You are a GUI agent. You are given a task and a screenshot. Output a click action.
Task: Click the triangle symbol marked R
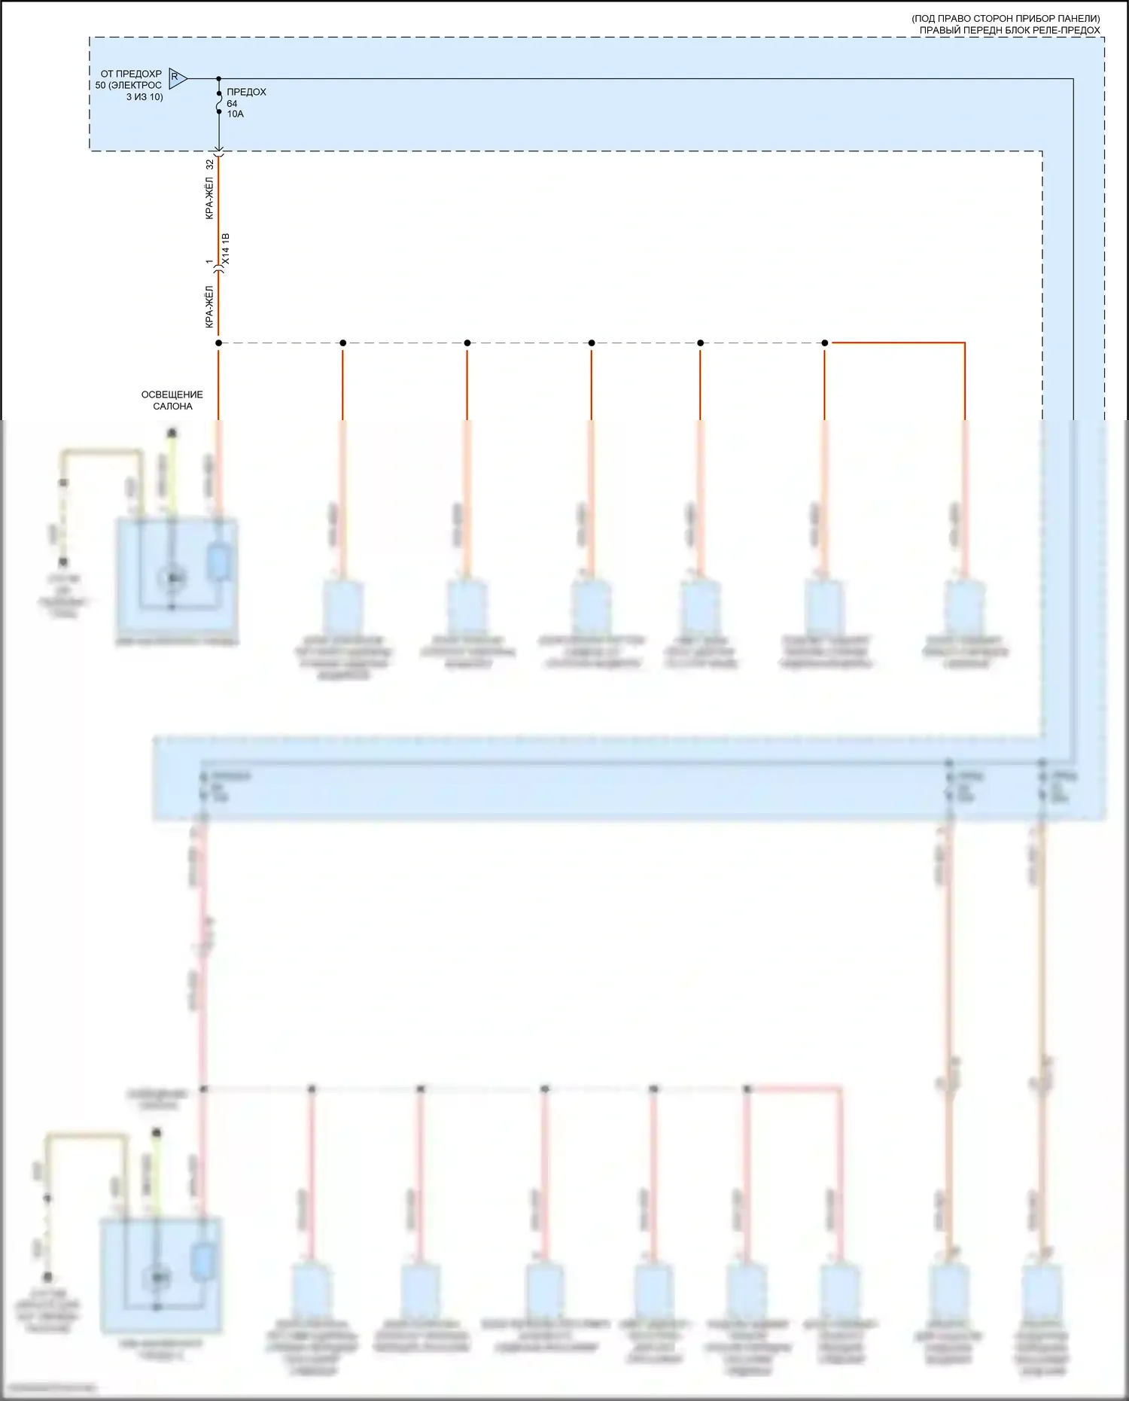tap(177, 78)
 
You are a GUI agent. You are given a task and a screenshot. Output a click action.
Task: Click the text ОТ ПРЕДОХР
tap(131, 74)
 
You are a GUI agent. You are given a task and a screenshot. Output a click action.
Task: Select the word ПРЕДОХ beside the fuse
tap(246, 92)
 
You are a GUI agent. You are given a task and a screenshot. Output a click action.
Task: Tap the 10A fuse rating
tap(235, 114)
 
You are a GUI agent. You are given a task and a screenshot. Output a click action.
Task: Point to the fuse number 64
tap(232, 104)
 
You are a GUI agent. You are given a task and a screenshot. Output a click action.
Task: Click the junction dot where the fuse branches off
tap(219, 78)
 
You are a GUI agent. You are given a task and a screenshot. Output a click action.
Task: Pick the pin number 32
tap(210, 163)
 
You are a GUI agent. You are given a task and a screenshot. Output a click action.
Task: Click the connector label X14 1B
tap(226, 248)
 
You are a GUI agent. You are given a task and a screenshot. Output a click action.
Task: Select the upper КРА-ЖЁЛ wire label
tap(210, 198)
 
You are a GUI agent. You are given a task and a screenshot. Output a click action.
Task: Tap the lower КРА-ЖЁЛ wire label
tap(210, 306)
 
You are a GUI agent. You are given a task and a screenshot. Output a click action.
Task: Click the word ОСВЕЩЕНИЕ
tap(172, 394)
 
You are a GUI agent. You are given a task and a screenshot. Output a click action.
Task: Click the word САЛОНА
tap(172, 407)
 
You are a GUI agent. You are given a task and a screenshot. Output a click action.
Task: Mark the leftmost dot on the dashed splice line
tap(219, 343)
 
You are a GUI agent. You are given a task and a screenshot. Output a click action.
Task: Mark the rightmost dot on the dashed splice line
tap(825, 343)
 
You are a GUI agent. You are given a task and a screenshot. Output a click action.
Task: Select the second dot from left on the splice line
tap(343, 343)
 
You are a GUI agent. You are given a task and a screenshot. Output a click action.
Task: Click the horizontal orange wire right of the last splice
tap(896, 343)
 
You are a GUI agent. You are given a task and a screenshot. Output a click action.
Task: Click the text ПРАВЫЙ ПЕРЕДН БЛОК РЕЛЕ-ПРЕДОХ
tap(1009, 30)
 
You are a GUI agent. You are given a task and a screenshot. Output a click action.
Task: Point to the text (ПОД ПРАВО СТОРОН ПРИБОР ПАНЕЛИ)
tap(1006, 19)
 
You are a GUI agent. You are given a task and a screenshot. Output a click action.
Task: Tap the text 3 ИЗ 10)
tap(145, 97)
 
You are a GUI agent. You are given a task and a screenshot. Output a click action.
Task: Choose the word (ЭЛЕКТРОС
tap(135, 85)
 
